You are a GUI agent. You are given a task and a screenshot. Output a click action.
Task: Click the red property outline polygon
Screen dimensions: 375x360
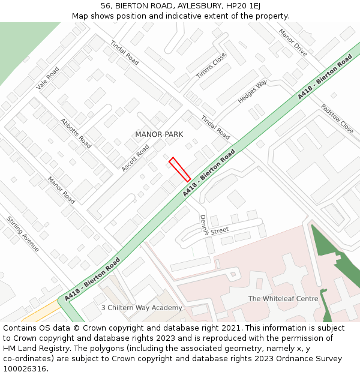(x=180, y=170)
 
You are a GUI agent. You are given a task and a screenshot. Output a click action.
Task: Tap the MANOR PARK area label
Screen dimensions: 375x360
(x=159, y=134)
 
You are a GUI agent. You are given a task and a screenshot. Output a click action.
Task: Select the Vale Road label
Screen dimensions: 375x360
(x=47, y=78)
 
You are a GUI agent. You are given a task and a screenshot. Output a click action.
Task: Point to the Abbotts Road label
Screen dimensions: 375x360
(x=76, y=133)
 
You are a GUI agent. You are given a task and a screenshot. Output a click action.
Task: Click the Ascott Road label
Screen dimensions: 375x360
(x=135, y=158)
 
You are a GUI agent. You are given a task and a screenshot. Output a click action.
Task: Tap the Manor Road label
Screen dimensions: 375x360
(x=61, y=190)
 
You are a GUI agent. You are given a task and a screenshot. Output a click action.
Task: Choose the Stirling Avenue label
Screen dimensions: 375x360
(x=23, y=234)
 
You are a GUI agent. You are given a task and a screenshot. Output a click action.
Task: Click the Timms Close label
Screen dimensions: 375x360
(x=211, y=65)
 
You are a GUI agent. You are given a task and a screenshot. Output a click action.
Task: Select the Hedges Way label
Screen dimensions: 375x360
(x=252, y=92)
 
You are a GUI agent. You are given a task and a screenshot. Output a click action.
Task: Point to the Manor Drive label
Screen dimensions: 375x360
(x=293, y=42)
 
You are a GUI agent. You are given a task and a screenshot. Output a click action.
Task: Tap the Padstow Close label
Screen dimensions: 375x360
(x=337, y=119)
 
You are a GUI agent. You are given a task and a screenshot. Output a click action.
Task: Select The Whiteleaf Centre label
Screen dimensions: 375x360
(x=283, y=299)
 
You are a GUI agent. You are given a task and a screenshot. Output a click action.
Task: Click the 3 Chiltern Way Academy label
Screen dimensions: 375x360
(x=142, y=308)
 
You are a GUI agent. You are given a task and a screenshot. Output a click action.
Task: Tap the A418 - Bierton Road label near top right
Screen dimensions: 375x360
(x=325, y=77)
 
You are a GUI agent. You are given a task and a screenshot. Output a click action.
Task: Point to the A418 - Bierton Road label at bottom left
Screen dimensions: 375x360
(x=92, y=279)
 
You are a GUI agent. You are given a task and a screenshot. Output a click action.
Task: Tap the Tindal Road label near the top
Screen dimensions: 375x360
(x=124, y=53)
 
